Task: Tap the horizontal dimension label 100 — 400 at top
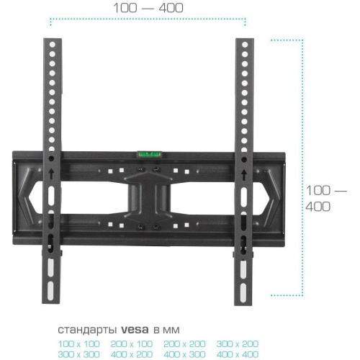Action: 148,9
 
